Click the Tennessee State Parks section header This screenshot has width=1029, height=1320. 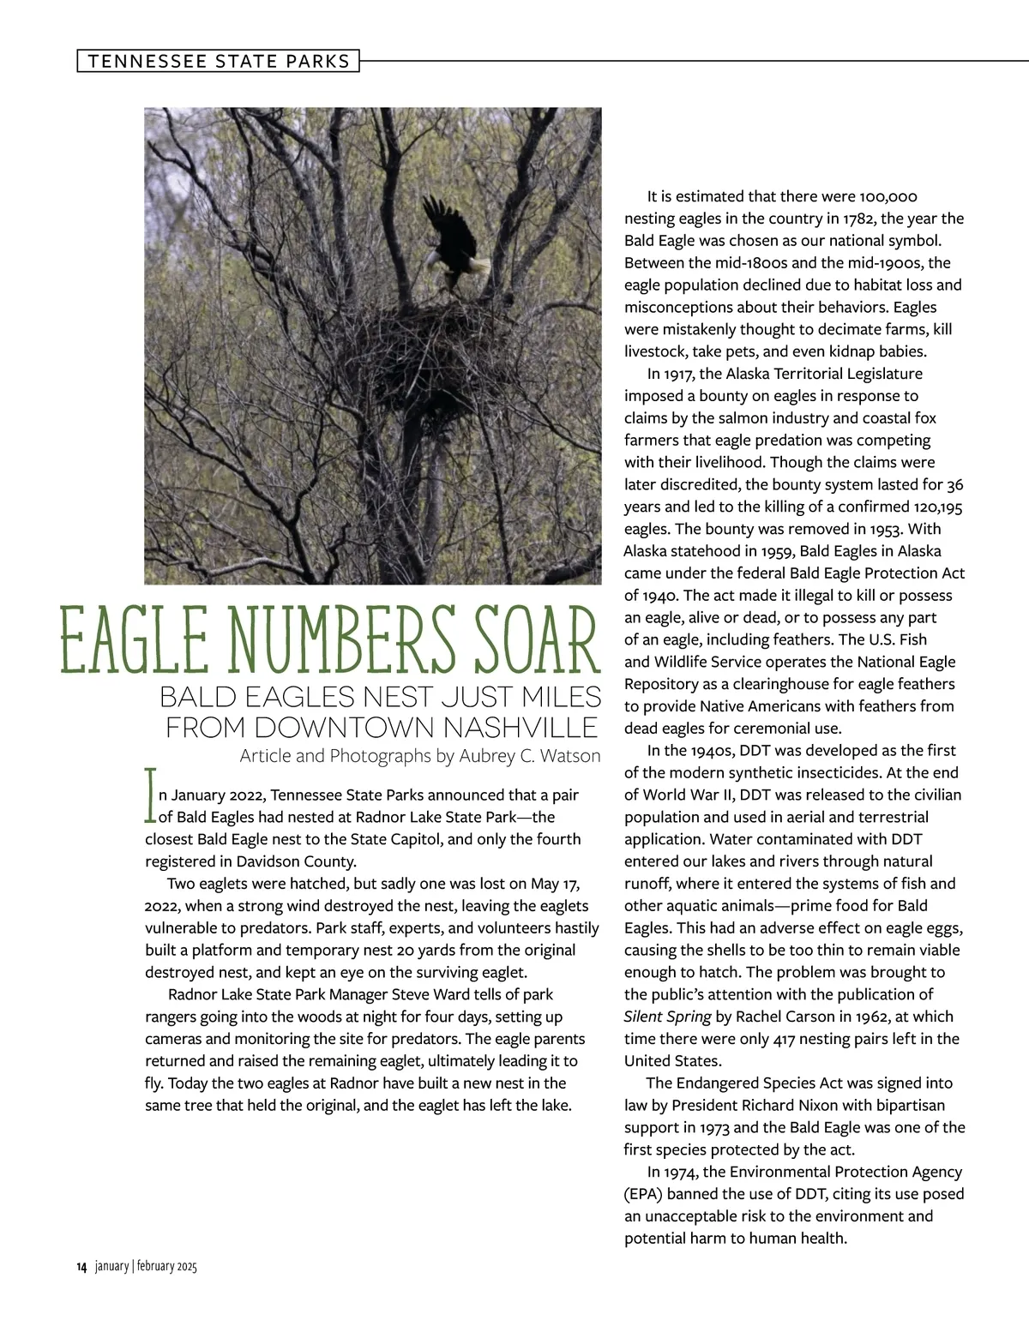point(219,61)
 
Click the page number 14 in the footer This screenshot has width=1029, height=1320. point(81,1267)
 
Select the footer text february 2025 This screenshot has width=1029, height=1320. point(168,1267)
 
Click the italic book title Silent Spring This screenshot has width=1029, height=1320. point(668,1017)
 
